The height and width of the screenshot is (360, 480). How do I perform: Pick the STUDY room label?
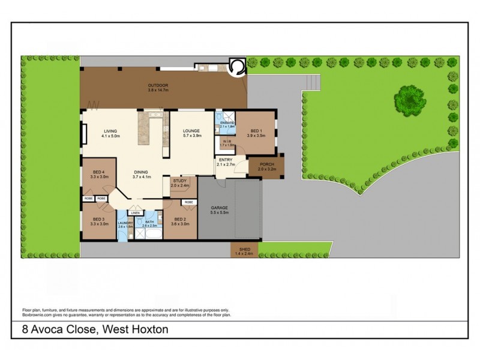pyautogui.click(x=180, y=181)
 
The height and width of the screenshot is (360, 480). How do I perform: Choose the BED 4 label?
pyautogui.click(x=99, y=172)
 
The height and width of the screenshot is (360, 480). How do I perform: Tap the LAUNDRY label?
pyautogui.click(x=125, y=223)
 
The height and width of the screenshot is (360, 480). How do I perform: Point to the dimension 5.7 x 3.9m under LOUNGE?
pyautogui.click(x=192, y=136)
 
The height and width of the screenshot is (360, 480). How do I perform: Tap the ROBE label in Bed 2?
pyautogui.click(x=188, y=202)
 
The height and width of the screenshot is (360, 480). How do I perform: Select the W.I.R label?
pyautogui.click(x=226, y=141)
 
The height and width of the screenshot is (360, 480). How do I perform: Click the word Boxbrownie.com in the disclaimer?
pyautogui.click(x=38, y=314)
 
